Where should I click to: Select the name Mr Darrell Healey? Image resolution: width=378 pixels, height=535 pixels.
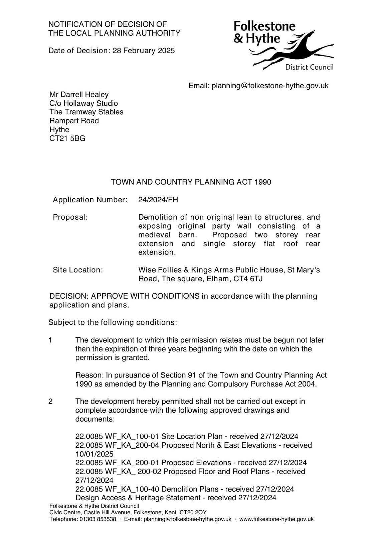click(x=79, y=95)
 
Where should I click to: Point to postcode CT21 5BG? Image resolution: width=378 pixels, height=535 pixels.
click(x=67, y=138)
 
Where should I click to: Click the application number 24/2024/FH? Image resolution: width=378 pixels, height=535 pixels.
click(x=158, y=200)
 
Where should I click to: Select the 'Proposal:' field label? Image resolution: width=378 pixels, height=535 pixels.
click(x=70, y=217)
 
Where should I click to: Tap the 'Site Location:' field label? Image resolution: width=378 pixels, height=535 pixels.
click(x=78, y=270)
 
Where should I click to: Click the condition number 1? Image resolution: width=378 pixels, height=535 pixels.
click(x=50, y=340)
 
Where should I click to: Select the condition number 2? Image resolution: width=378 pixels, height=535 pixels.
click(x=50, y=402)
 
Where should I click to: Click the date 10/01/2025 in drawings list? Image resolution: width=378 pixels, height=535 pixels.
click(x=94, y=454)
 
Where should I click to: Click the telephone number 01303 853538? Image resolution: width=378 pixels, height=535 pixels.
click(x=98, y=519)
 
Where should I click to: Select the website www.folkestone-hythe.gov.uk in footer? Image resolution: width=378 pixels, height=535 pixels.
click(x=276, y=519)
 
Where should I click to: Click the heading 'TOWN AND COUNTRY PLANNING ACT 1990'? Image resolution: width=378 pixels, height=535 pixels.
click(x=191, y=182)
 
